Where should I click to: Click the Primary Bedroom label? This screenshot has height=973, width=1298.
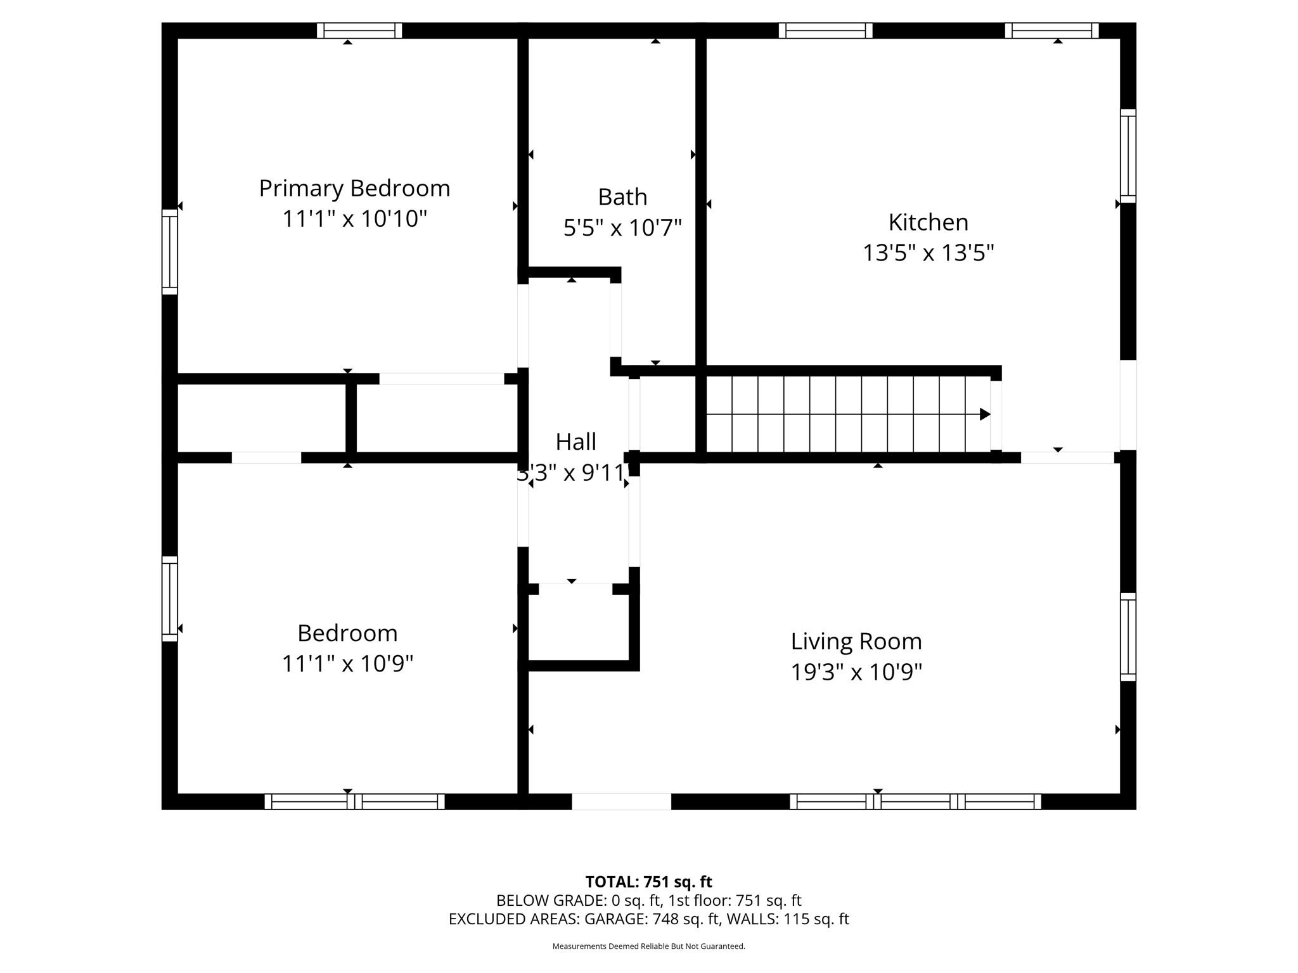click(x=354, y=188)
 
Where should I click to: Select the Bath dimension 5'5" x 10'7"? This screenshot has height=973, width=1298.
click(x=622, y=227)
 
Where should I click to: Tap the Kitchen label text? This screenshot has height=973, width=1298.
click(x=928, y=222)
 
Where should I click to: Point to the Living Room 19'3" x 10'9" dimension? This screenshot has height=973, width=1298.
click(x=856, y=672)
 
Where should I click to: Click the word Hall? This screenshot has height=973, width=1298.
click(x=575, y=442)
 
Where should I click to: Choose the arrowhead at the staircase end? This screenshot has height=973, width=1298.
click(x=984, y=414)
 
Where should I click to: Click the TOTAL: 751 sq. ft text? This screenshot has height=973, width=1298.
click(x=648, y=882)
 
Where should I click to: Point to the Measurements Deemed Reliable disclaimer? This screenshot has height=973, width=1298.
click(x=648, y=946)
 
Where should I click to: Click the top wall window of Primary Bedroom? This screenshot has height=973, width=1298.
click(x=359, y=30)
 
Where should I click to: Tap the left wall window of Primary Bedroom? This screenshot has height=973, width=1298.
click(x=169, y=251)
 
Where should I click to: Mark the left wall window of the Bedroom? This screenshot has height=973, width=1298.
click(x=169, y=599)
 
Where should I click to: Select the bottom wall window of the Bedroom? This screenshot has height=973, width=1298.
click(x=354, y=801)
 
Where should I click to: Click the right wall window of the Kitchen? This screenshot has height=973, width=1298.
click(x=1128, y=156)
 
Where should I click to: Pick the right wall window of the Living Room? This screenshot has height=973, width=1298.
click(x=1128, y=637)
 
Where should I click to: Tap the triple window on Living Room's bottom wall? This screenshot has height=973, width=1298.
click(x=915, y=801)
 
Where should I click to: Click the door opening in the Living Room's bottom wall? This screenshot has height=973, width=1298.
click(x=621, y=801)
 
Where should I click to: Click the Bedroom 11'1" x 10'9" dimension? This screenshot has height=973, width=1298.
click(x=347, y=664)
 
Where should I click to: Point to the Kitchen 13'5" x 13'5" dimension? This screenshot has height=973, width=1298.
click(x=928, y=253)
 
